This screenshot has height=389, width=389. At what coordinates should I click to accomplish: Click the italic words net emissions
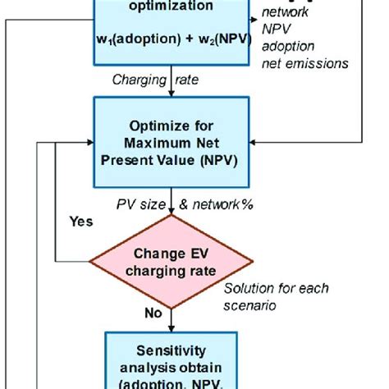304,63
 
